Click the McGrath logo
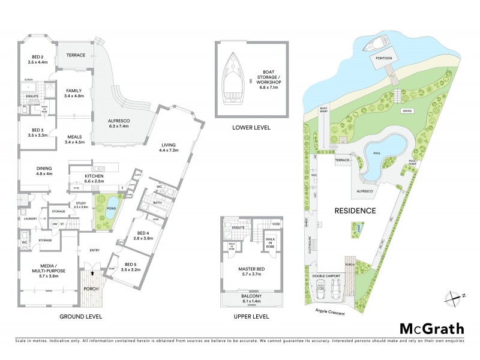[x=431, y=328]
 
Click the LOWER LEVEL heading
[x=251, y=128]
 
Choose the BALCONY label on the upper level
[x=251, y=298]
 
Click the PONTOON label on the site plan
[x=383, y=59]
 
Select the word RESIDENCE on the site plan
[x=355, y=211]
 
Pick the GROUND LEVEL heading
[x=81, y=316]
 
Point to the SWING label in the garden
[x=407, y=111]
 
